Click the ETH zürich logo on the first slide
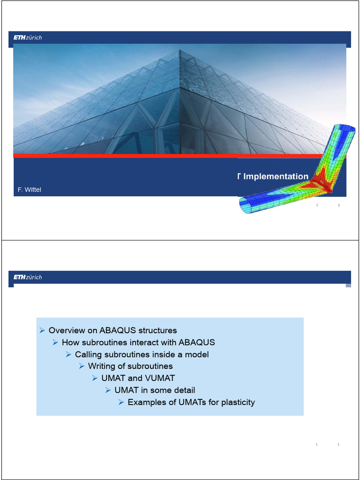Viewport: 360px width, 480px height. [28, 37]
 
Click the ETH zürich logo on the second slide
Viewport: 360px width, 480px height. [28, 277]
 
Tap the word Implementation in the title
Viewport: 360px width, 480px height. [276, 177]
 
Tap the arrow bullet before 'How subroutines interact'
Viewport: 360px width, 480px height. [55, 343]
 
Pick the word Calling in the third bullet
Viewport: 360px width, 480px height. [88, 354]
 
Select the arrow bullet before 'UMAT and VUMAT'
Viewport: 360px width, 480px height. [95, 378]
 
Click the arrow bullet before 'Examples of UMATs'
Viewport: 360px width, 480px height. [121, 402]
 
